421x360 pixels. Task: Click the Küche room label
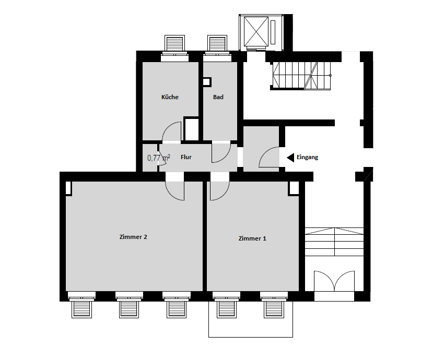pos(170,97)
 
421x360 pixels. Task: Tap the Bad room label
pos(218,97)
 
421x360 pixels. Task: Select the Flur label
pos(186,157)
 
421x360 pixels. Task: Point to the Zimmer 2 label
pos(133,237)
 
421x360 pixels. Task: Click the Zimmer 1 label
pos(252,238)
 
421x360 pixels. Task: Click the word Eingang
pos(308,157)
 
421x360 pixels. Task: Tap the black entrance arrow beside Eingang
pos(290,158)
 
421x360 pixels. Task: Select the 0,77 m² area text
pos(158,158)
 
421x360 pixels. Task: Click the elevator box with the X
pos(256,31)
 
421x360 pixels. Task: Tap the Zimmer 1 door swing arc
pos(224,195)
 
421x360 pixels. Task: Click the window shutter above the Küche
pos(174,43)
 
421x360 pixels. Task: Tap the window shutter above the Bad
pos(217,43)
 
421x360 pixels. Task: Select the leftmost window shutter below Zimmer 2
pos(81,309)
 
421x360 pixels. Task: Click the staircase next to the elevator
pos(301,76)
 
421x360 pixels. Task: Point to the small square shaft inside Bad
pos(207,82)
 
